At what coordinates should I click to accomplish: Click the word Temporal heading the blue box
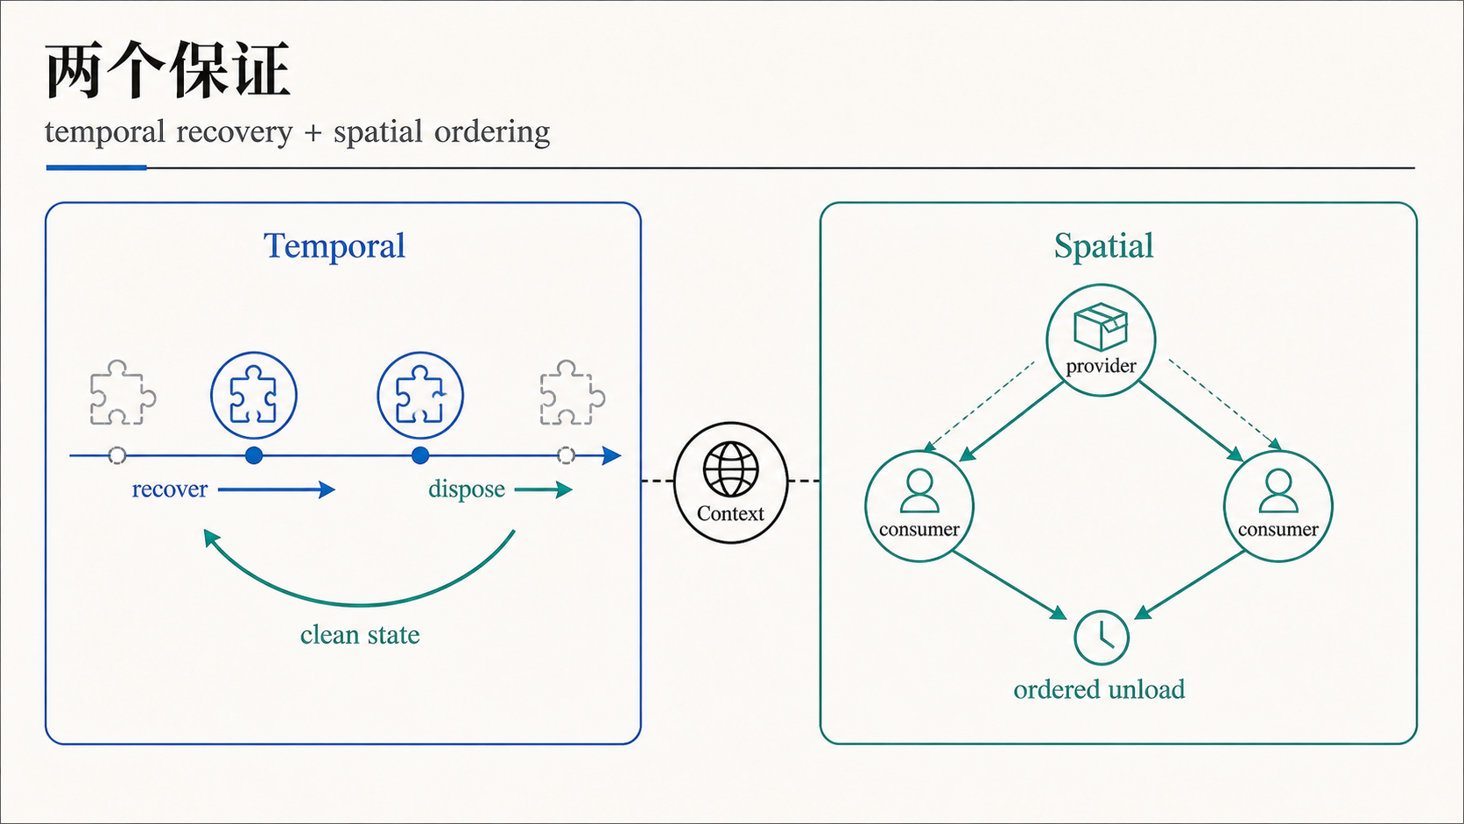tap(334, 246)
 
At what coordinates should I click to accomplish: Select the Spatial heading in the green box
tap(1103, 246)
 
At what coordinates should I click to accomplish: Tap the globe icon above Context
tap(731, 469)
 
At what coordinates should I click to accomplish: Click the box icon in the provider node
tap(1101, 327)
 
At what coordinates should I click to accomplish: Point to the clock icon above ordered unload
tap(1102, 637)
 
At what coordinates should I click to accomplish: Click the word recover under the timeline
tap(169, 489)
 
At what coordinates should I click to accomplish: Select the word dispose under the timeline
tap(467, 489)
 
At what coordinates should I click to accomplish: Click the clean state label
tap(360, 635)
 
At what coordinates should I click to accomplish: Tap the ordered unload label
tap(1099, 689)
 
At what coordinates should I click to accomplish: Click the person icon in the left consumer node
tap(919, 490)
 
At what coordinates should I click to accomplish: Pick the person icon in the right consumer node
tap(1277, 490)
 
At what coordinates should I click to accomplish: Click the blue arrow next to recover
tap(277, 489)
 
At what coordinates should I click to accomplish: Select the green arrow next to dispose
tap(543, 489)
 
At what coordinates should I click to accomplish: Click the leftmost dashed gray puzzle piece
tap(123, 392)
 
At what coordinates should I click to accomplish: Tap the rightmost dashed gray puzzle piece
tap(573, 392)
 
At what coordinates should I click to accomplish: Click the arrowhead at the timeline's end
tap(612, 455)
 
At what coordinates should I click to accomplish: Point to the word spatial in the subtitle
tap(377, 132)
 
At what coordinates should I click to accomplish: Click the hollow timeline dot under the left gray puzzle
tap(117, 455)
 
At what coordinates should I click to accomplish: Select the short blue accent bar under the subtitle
tap(96, 168)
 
